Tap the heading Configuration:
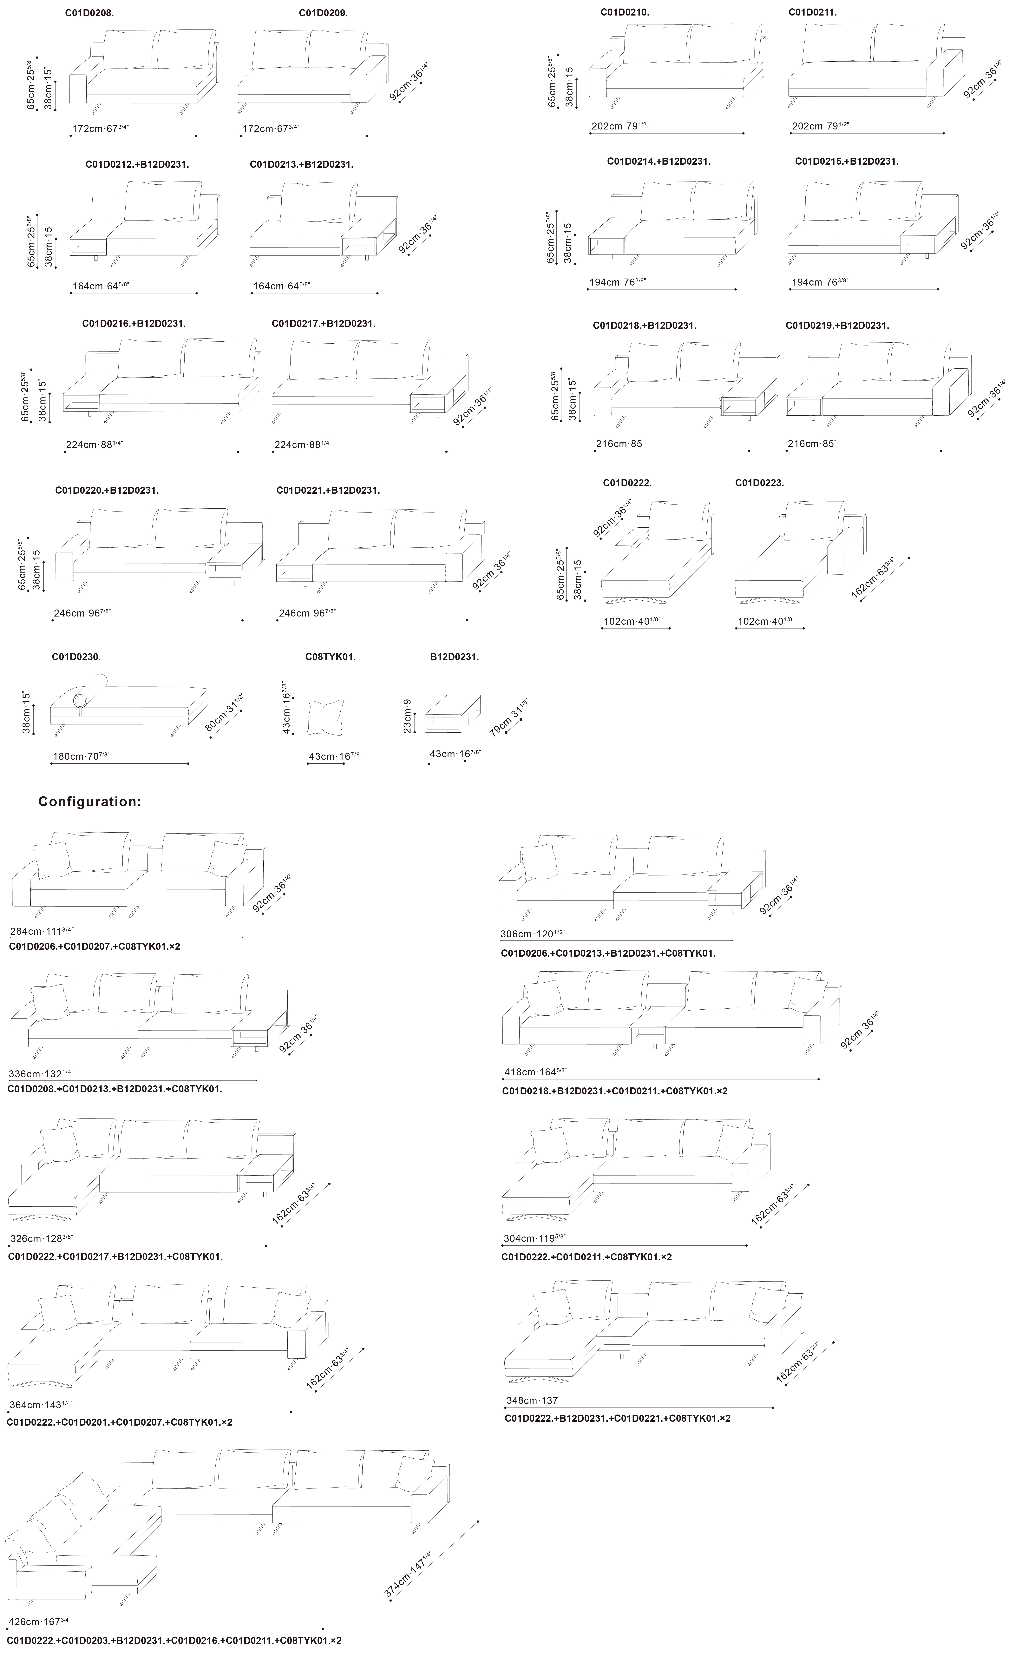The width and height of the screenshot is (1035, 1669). [90, 802]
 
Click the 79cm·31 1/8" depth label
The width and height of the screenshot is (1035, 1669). [509, 717]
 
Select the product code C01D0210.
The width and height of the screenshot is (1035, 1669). [625, 12]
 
